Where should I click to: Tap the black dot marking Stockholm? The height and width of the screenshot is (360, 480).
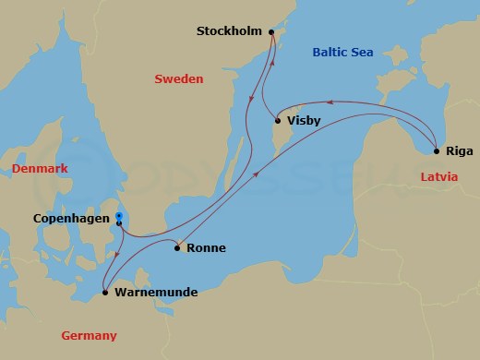271,32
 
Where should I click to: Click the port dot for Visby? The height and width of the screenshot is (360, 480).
278,120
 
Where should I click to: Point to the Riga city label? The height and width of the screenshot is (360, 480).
459,150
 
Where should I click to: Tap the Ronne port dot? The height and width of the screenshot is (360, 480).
177,247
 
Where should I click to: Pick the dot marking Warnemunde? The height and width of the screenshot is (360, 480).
104,293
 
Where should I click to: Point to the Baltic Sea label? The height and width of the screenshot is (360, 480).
342,53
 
